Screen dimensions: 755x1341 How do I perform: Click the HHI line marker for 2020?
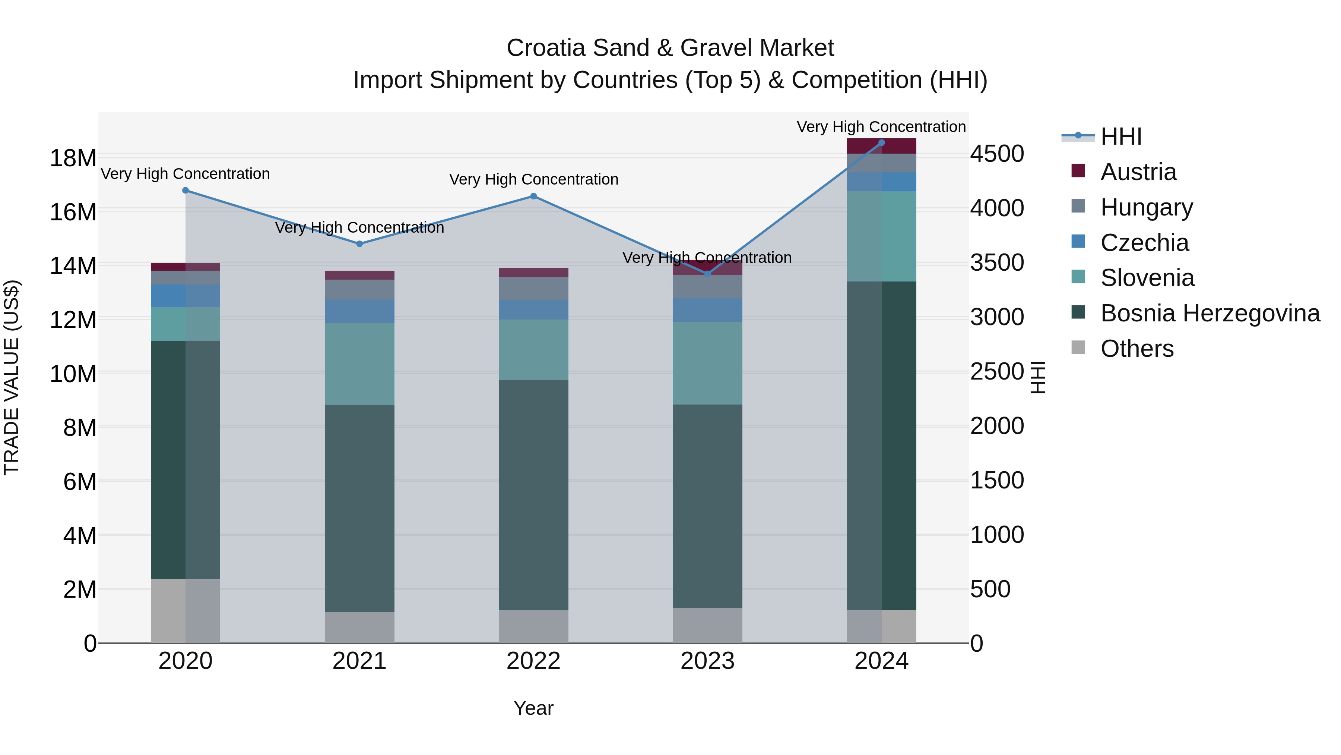pyautogui.click(x=186, y=191)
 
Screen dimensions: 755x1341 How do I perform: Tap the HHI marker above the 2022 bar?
pyautogui.click(x=533, y=196)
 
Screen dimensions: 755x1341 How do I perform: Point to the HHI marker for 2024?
pyautogui.click(x=881, y=143)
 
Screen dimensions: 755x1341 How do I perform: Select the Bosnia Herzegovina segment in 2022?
pyautogui.click(x=533, y=495)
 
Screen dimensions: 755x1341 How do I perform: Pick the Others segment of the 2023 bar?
pyautogui.click(x=707, y=625)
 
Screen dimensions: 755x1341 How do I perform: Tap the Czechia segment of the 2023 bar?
pyautogui.click(x=707, y=310)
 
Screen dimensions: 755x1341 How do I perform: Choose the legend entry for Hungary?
pyautogui.click(x=1146, y=207)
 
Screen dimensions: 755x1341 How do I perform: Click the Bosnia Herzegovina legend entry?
pyautogui.click(x=1210, y=314)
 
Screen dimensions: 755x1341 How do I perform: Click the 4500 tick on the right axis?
pyautogui.click(x=997, y=154)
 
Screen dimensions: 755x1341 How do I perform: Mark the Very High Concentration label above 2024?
pyautogui.click(x=881, y=127)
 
